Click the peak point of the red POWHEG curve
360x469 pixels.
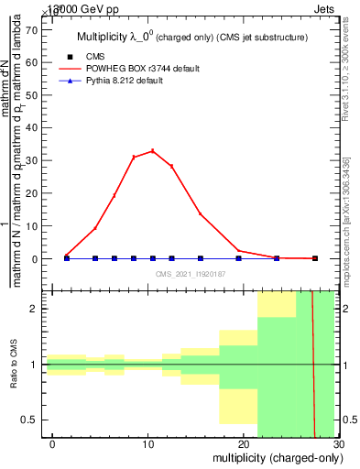[152, 151]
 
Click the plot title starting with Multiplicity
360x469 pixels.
[190, 37]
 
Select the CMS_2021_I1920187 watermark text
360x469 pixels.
[190, 274]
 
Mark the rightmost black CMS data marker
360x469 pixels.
[315, 258]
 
